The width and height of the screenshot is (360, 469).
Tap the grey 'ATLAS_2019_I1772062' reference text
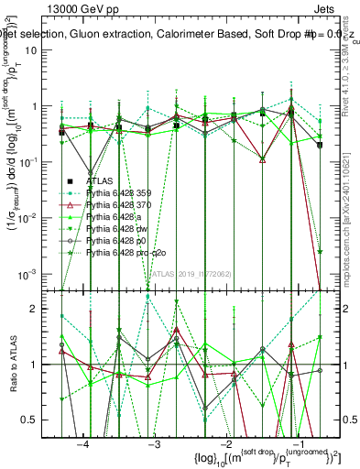pos(191,273)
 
